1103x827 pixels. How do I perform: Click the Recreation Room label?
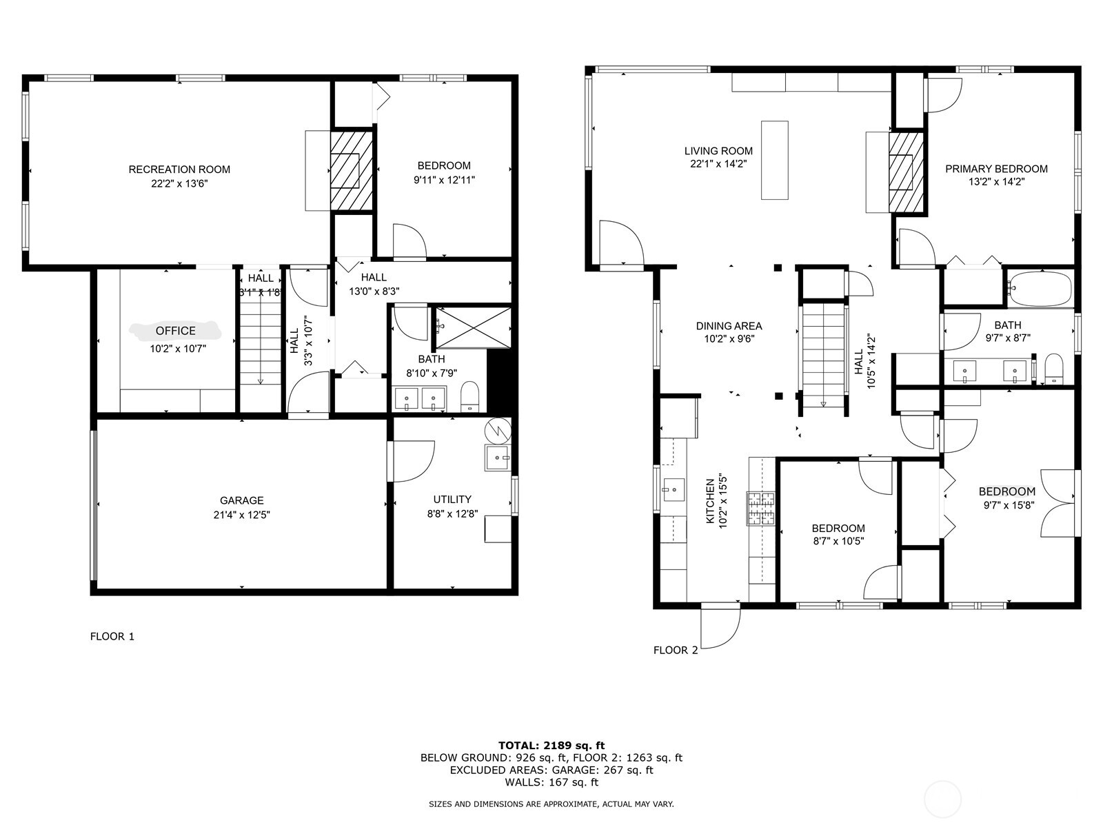tap(179, 170)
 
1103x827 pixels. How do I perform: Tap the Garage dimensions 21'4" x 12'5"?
tap(242, 515)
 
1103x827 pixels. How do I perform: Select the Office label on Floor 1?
tap(175, 331)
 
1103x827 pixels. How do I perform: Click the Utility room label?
tap(452, 499)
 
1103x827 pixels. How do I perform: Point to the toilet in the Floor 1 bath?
tap(470, 397)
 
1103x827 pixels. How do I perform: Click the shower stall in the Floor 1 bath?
tap(473, 327)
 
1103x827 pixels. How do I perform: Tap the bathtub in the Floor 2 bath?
tap(1041, 289)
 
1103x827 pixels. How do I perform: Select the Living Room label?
tap(718, 151)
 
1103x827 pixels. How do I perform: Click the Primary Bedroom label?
tap(996, 170)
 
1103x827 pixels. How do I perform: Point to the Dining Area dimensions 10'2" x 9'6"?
tap(729, 339)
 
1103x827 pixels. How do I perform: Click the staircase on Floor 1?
tap(260, 341)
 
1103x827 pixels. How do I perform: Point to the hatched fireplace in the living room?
tap(907, 172)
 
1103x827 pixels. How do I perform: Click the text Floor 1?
tap(112, 637)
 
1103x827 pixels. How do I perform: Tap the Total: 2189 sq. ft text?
tap(551, 746)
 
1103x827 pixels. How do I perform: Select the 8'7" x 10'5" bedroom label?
tap(838, 535)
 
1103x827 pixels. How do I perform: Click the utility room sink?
tap(498, 458)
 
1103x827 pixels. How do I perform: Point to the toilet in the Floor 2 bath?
tap(1054, 369)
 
